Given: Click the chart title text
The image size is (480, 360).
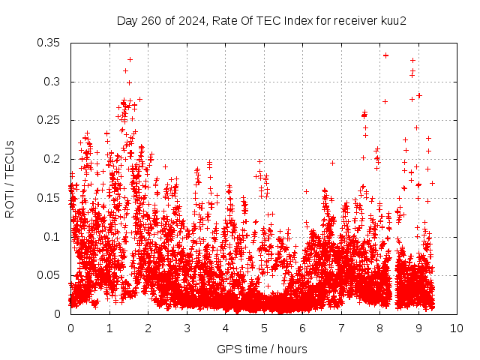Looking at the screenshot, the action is tap(262, 21).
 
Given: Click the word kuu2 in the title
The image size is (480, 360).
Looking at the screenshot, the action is tap(393, 21).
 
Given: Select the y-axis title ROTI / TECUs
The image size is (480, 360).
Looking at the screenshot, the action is tap(10, 179).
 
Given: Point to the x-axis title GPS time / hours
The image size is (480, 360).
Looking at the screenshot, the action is tap(262, 349).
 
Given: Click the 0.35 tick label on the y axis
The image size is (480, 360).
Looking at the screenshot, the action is tap(48, 43).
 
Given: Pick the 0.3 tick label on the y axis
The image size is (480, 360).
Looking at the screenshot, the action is tap(52, 82).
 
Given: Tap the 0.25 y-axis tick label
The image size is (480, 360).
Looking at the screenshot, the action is tap(48, 120).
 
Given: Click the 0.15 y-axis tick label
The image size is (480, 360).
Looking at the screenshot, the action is tap(48, 198).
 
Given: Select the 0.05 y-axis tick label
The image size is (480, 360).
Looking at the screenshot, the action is tap(48, 275).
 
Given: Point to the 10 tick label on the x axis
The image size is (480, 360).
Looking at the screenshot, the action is tap(457, 328).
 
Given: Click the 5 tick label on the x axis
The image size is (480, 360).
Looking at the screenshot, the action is tap(264, 328).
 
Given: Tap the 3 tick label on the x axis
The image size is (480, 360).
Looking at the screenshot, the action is tap(187, 328).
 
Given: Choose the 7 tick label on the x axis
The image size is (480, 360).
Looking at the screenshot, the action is tap(341, 328).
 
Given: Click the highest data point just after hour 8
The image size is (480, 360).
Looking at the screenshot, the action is tap(385, 55).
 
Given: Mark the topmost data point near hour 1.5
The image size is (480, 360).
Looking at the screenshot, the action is tap(130, 59).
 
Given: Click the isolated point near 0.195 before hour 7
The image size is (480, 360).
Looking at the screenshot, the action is tap(332, 163).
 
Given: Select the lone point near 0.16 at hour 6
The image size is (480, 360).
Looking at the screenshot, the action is tap(306, 192).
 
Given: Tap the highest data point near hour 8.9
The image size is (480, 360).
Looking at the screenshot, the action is tap(412, 60).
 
